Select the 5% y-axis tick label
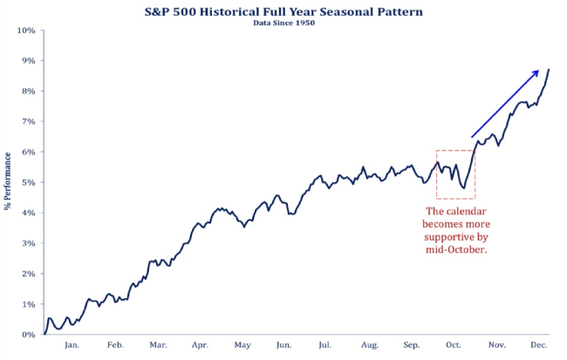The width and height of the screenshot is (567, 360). tap(28, 182)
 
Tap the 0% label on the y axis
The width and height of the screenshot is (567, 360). tap(28, 334)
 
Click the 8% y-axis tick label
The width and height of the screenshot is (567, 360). tap(28, 92)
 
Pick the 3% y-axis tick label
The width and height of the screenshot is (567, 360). tap(28, 243)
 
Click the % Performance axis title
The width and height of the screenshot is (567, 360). tap(8, 181)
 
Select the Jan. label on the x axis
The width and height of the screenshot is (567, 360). tap(72, 344)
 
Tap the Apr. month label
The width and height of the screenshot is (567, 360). tap(200, 344)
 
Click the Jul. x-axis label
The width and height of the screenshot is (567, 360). tap(325, 344)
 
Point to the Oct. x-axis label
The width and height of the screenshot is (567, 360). tap(454, 344)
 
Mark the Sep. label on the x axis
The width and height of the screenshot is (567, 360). tap(412, 344)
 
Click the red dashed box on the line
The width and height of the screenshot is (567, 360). tap(454, 174)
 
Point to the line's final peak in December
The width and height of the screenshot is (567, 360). tap(549, 69)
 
